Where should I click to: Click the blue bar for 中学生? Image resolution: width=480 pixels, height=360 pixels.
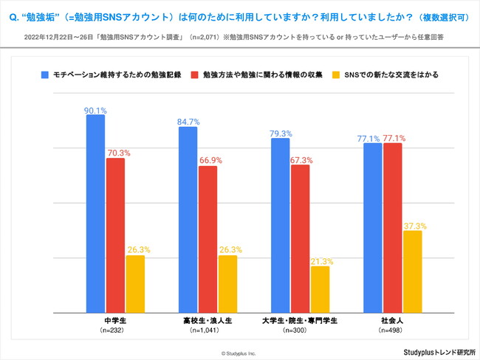96,214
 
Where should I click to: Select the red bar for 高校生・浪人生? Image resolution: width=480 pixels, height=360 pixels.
208,239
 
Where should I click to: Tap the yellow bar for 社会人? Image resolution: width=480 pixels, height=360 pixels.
413,271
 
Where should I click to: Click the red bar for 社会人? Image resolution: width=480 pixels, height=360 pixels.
393,227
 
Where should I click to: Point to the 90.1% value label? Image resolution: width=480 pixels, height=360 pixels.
96,110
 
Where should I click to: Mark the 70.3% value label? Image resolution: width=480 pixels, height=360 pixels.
115,153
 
